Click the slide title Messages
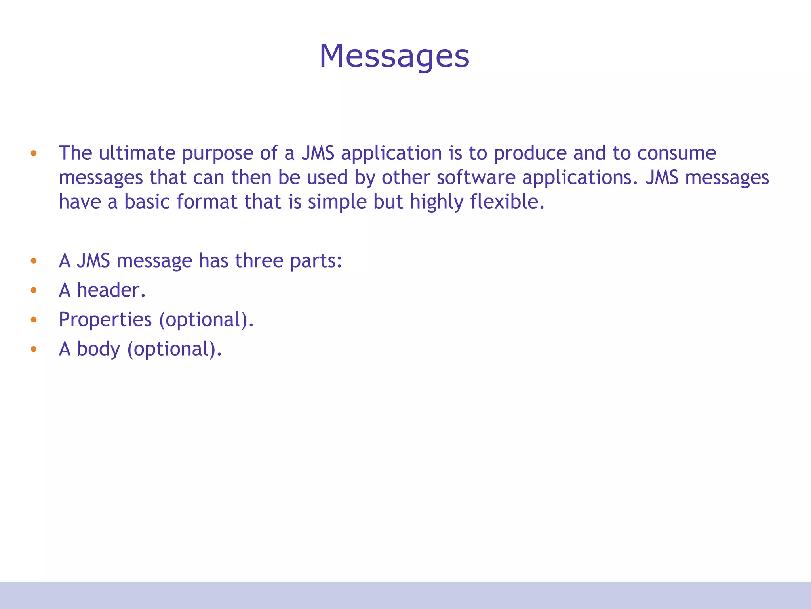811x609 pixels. click(394, 56)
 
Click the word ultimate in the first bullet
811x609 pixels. click(137, 153)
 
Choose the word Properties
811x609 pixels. click(105, 320)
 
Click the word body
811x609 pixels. click(98, 349)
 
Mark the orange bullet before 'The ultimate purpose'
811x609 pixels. click(34, 153)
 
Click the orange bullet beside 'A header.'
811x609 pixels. click(34, 290)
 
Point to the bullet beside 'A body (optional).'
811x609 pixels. click(34, 349)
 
